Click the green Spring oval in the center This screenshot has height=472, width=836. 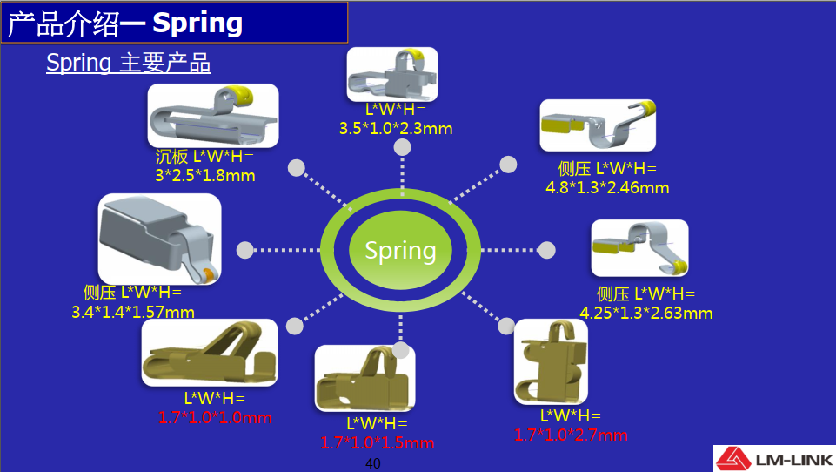tap(400, 251)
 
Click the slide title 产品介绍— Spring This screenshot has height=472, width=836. tap(125, 24)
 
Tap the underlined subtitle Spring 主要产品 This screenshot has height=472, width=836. tap(128, 64)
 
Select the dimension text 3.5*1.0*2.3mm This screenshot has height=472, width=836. tap(396, 129)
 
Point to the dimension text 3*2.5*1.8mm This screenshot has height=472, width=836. tap(204, 175)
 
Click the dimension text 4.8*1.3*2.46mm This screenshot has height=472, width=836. tap(607, 187)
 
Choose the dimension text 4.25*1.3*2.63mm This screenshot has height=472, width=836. tap(646, 313)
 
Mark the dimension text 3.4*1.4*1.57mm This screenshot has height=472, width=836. tap(133, 311)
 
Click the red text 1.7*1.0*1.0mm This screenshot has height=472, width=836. tap(215, 417)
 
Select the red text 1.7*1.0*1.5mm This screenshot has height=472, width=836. tap(377, 442)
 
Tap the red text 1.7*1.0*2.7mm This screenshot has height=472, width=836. tap(571, 435)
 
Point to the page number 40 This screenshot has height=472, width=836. tap(373, 463)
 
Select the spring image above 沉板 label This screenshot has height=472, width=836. tap(213, 115)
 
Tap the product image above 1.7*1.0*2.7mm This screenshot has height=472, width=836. tap(551, 361)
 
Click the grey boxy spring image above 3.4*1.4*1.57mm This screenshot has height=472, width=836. tap(159, 238)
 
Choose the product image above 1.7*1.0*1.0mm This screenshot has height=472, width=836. tap(210, 352)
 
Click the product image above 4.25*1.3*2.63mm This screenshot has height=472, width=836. tap(639, 247)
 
